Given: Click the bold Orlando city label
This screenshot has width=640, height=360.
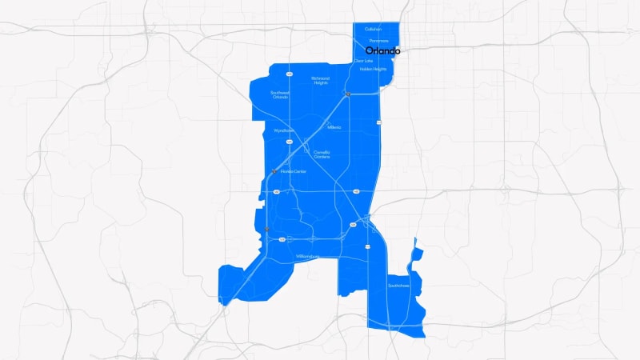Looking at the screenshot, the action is pos(382,50).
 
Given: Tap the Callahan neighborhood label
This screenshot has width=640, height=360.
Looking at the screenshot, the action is pos(373,30).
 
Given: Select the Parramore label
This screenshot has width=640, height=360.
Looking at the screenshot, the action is pos(378,41).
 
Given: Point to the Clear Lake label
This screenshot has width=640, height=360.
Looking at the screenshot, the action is pos(364,61).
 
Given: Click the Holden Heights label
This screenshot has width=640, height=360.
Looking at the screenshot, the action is pos(373,70).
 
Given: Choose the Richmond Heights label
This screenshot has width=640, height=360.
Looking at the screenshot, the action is pos(320,80).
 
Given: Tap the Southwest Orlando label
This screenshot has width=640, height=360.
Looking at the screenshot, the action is pos(280,94).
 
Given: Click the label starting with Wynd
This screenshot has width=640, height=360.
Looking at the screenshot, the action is pos(284,130).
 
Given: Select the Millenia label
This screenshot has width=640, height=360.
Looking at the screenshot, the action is pos(334,127).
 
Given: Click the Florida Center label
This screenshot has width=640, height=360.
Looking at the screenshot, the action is pos(294,171).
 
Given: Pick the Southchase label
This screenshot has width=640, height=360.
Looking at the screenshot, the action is pos(398,285).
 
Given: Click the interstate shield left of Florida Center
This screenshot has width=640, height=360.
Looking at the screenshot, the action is pos(274,170).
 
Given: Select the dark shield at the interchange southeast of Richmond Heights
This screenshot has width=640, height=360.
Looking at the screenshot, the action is pos(348,94).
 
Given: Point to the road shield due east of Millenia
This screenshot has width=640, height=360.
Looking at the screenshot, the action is pos(379,122).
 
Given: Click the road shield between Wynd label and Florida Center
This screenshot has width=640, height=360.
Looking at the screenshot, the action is pos(289,142).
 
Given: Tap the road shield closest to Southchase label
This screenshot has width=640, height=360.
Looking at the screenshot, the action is pos(367,246).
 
